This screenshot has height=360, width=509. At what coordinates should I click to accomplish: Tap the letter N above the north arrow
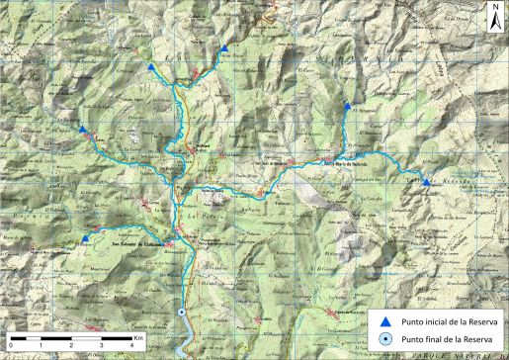pyautogui.click(x=493, y=8)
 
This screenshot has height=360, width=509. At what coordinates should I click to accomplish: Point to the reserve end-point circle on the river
pyautogui.click(x=184, y=312)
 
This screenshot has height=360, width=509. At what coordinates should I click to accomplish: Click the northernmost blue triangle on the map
pyautogui.click(x=224, y=47)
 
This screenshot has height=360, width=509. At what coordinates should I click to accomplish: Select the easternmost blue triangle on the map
pyautogui.click(x=426, y=182)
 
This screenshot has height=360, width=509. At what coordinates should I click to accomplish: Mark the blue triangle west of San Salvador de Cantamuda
pyautogui.click(x=85, y=237)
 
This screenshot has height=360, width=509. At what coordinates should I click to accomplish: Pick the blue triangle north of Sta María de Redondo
pyautogui.click(x=347, y=105)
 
